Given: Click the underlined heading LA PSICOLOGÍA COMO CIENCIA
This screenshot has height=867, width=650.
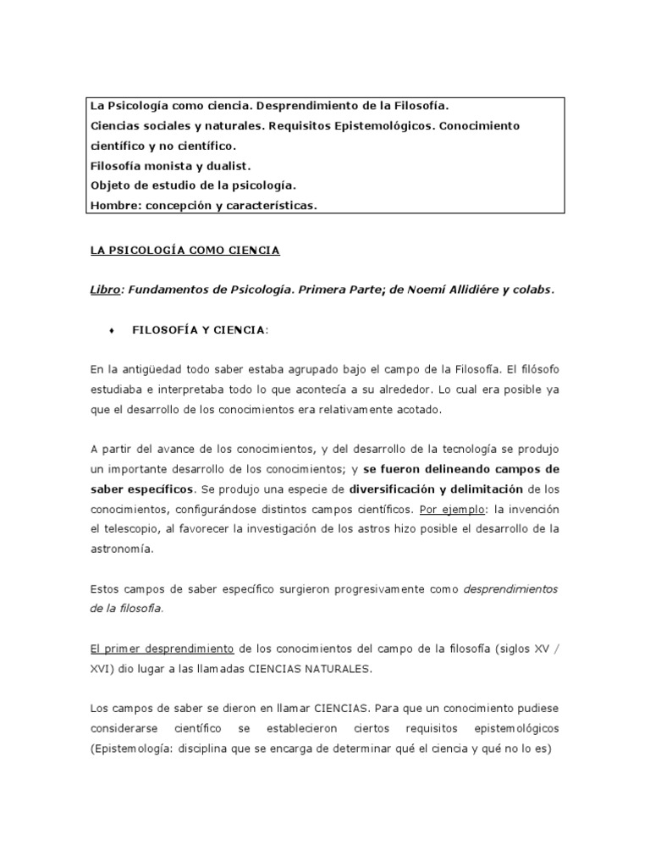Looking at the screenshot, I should [x=184, y=251].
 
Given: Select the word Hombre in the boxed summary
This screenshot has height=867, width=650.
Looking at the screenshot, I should [x=113, y=206].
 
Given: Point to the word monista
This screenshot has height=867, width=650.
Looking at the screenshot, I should [x=173, y=166].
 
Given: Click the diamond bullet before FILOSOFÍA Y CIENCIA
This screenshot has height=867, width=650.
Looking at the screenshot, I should [x=111, y=329].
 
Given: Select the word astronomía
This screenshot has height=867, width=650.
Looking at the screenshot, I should [x=123, y=549].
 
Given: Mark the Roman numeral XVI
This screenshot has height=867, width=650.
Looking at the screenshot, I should [x=100, y=668].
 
